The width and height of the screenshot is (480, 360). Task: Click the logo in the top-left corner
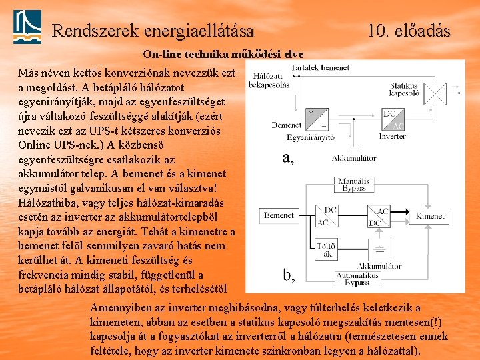pos(27,26)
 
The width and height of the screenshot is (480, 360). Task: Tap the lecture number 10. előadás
pos(409,31)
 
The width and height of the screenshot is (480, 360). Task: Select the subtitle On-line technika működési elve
pos(223,54)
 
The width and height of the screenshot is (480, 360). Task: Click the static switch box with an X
pos(436,91)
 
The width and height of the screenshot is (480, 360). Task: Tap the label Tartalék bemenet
pos(320,67)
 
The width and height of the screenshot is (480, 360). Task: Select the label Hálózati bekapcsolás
pos(268,81)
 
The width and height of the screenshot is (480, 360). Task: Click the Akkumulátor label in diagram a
pos(354,159)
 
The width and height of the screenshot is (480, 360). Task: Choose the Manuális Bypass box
pos(353,185)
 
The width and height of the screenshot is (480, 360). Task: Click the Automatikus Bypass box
pos(357,279)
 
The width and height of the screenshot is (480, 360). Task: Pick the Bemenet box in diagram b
pos(279,215)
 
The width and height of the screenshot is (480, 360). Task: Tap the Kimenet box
pos(430,216)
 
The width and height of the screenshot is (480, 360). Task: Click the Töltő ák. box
pos(327,249)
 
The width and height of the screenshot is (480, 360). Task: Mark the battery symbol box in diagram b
pos(379,251)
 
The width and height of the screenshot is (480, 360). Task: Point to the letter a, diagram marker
pos(288,158)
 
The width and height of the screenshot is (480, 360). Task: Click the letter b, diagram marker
pos(288,275)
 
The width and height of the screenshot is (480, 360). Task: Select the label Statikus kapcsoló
pos(403,89)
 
